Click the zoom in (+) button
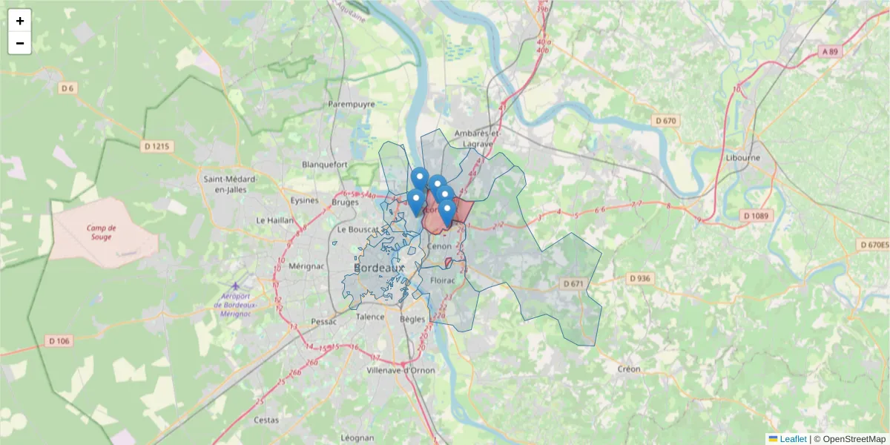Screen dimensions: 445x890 (x=20, y=21)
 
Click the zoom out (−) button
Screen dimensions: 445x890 (x=20, y=43)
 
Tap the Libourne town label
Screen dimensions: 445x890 (x=742, y=157)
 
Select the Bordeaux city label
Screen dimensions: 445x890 (x=379, y=267)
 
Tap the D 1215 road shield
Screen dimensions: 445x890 (x=156, y=147)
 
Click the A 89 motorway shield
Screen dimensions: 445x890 (x=833, y=52)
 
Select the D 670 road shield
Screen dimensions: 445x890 (x=665, y=121)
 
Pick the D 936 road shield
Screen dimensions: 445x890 (x=639, y=278)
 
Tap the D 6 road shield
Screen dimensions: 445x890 (x=68, y=88)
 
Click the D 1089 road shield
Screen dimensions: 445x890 (x=756, y=216)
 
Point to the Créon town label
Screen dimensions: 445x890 (x=628, y=369)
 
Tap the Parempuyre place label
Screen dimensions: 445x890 (x=352, y=105)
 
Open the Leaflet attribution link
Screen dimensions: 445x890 (x=792, y=439)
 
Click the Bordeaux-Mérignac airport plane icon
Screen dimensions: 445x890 (x=236, y=286)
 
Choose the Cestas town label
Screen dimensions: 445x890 (x=266, y=420)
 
